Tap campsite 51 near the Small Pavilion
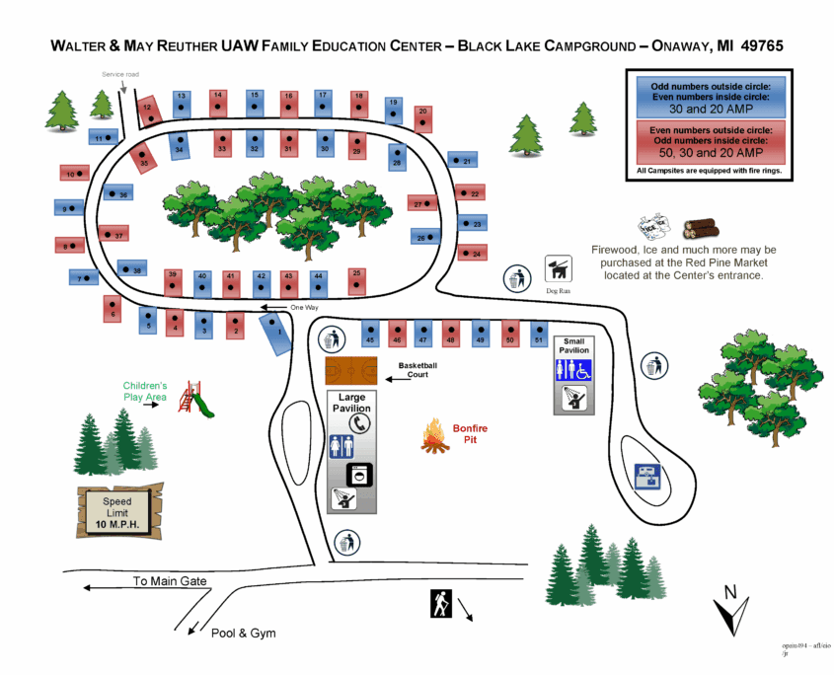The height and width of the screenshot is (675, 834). [x=538, y=332]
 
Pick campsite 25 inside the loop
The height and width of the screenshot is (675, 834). [x=356, y=280]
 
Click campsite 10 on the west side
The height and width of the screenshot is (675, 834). [x=72, y=174]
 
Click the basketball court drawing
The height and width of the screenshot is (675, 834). [x=350, y=371]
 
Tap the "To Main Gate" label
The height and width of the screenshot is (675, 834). [x=170, y=581]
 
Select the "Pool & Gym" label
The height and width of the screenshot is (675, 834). [x=243, y=633]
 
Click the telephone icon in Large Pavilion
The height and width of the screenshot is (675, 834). [x=361, y=422]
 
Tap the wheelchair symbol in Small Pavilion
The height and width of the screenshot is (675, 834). [x=583, y=370]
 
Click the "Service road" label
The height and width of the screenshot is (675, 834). [x=120, y=74]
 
